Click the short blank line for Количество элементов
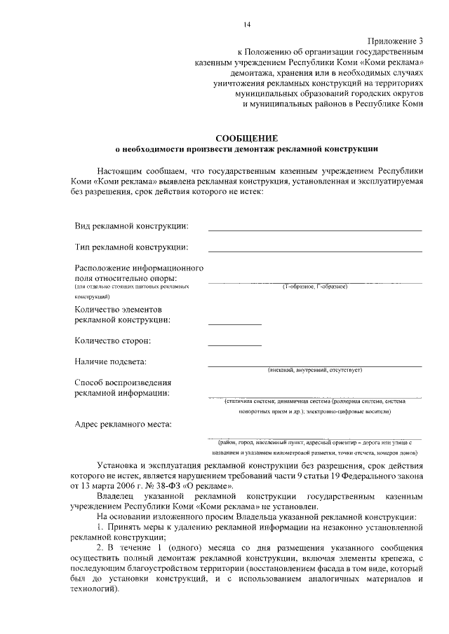tap(234, 324)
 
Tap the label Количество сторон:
tap(113, 340)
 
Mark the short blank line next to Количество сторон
tap(234, 345)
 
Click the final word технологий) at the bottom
tap(95, 590)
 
